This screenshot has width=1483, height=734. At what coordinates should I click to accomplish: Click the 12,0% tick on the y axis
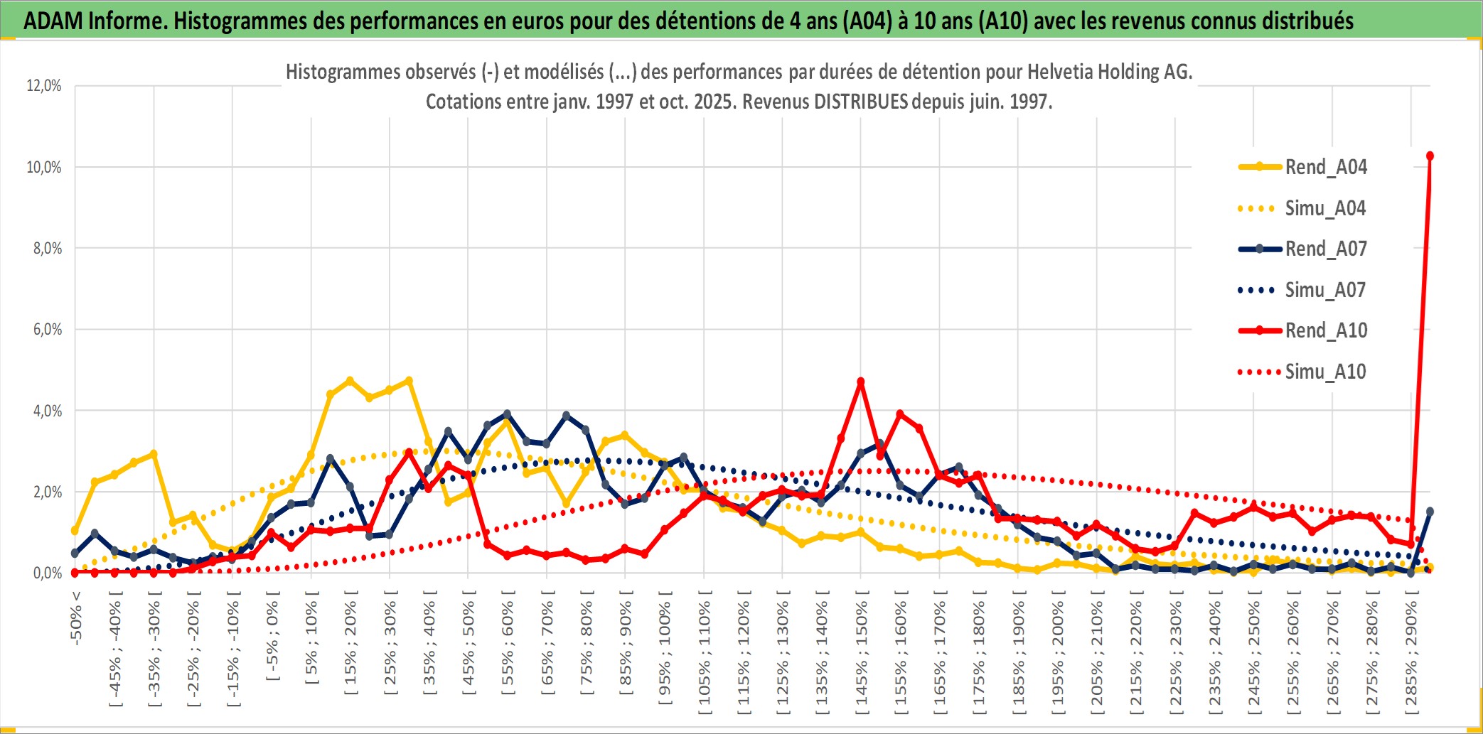[44, 86]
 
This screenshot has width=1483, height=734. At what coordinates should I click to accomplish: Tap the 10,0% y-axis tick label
[44, 167]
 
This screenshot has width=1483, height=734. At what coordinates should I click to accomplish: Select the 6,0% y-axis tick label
[47, 330]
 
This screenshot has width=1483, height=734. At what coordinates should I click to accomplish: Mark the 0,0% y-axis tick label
[47, 573]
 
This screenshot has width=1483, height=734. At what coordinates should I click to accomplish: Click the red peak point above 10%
[1430, 156]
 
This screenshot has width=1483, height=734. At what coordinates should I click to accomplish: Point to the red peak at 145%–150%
[861, 382]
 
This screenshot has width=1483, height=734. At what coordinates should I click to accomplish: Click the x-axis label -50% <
[76, 618]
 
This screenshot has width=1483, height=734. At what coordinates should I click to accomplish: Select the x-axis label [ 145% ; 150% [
[861, 652]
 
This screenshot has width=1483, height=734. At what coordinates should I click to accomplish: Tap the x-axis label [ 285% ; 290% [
[1411, 652]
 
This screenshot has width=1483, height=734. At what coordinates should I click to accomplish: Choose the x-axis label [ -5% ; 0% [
[272, 636]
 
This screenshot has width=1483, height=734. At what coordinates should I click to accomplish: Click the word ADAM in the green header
[53, 21]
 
